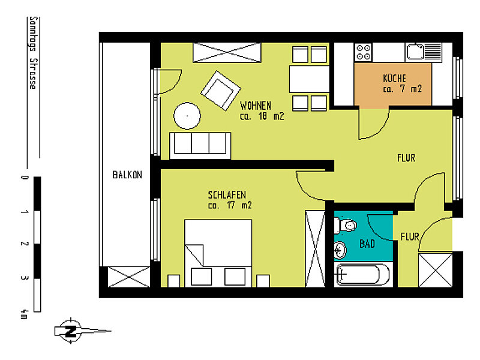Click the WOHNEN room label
click(x=256, y=106)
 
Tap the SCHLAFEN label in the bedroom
click(x=227, y=194)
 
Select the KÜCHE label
click(x=394, y=78)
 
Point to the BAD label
click(x=367, y=244)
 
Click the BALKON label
click(x=127, y=175)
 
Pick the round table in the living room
click(x=187, y=114)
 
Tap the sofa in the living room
click(x=200, y=145)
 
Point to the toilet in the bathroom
click(x=347, y=226)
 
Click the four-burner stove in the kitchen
click(x=364, y=52)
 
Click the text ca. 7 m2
click(x=402, y=89)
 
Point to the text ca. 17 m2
click(x=229, y=205)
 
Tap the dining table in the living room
click(x=309, y=79)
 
